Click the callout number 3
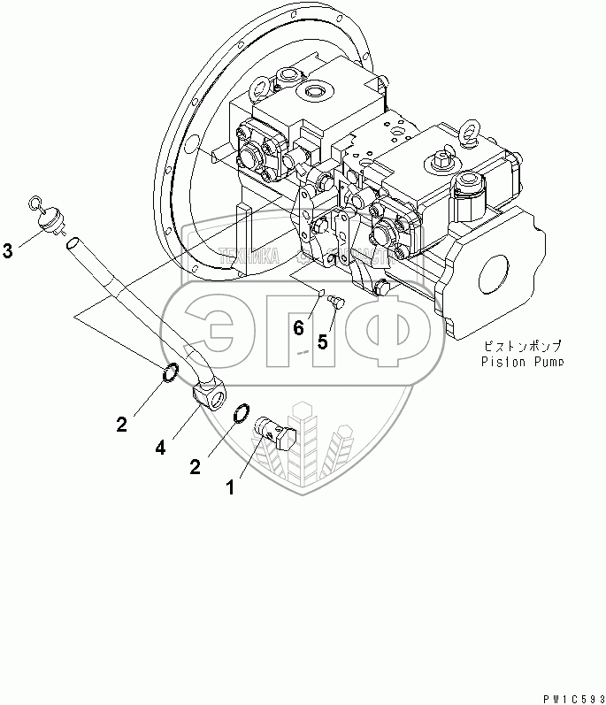point(9,252)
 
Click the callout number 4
point(160,448)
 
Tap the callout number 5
point(323,341)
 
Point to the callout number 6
point(299,328)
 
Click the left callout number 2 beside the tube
point(120,424)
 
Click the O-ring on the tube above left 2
point(173,375)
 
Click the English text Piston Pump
point(521,361)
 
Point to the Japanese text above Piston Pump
point(523,346)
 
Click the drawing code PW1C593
point(571,696)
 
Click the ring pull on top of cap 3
point(36,204)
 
